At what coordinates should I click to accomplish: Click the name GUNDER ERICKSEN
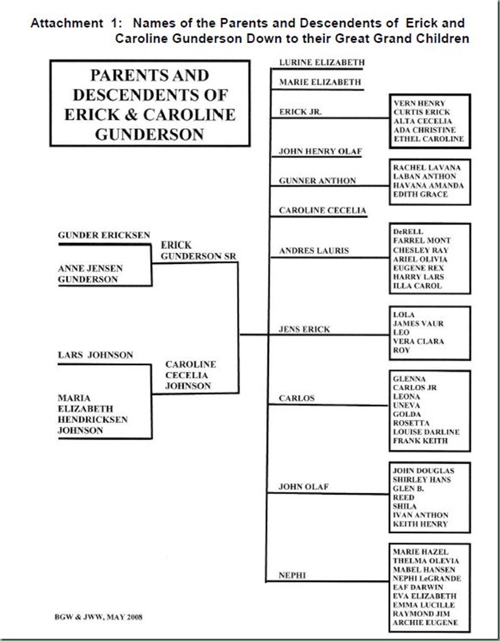(104, 236)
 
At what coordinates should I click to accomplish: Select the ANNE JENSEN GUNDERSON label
(91, 274)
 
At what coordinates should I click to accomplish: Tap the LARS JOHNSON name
(96, 355)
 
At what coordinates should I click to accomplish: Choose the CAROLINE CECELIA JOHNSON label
(191, 375)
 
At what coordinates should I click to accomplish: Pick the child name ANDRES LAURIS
(314, 251)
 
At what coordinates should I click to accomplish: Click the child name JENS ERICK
(305, 329)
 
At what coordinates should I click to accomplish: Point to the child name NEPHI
(293, 575)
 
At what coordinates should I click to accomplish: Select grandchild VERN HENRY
(419, 103)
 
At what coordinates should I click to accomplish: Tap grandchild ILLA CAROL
(418, 286)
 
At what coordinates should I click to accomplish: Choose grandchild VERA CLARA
(418, 342)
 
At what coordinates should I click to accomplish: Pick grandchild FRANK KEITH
(420, 441)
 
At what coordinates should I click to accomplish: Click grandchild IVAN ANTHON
(420, 515)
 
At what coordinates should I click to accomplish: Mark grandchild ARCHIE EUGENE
(425, 623)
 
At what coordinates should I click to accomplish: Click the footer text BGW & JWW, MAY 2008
(97, 617)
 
